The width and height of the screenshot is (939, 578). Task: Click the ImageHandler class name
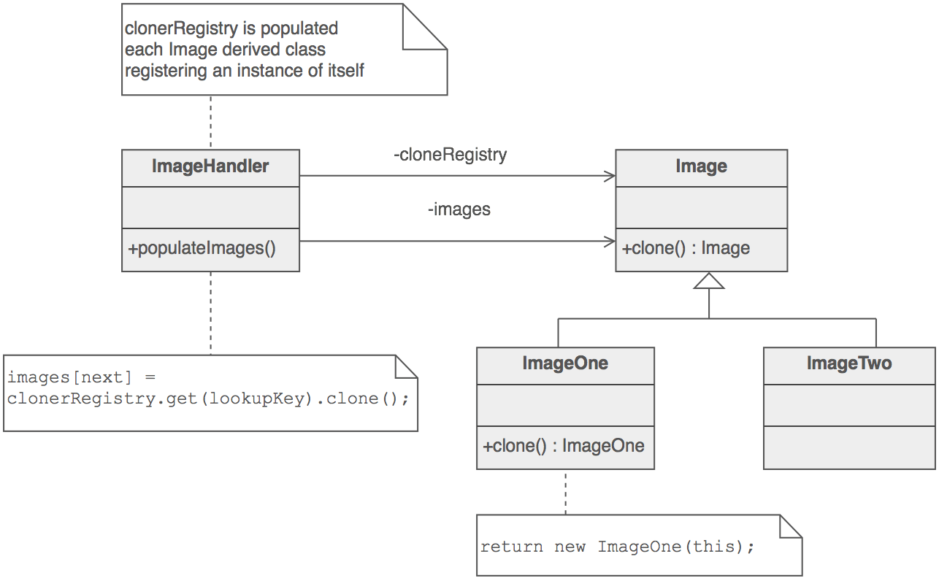210,166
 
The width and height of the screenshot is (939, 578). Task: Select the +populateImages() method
202,248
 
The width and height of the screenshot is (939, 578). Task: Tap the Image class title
701,166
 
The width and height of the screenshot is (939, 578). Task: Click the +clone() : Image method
686,248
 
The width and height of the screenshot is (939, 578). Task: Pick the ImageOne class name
565,363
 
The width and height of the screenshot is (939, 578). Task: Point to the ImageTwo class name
849,363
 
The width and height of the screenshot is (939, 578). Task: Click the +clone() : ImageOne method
564,446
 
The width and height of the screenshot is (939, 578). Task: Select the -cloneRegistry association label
450,155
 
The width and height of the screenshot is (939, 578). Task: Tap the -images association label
459,209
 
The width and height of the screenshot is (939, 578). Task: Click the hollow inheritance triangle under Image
709,281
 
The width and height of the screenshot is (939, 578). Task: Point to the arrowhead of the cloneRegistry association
608,176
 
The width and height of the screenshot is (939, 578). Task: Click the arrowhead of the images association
608,242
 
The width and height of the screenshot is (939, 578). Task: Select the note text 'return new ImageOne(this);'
617,547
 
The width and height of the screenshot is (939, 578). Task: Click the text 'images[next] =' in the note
82,377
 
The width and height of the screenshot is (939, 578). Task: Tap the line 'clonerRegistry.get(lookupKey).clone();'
208,398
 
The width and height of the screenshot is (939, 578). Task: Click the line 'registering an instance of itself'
245,71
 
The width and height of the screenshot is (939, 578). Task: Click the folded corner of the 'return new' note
790,527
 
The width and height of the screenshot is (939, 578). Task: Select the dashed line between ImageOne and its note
565,492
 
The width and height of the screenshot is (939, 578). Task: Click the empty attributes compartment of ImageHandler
210,207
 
